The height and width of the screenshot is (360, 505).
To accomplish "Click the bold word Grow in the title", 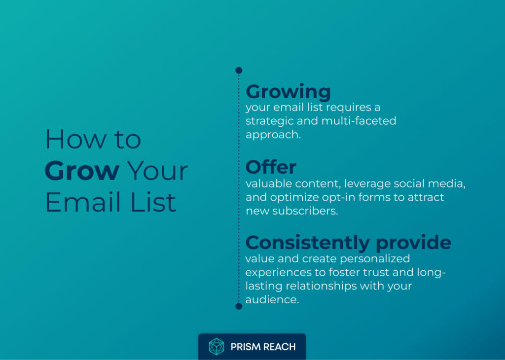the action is (82, 171).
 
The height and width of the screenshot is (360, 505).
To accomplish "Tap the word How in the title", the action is (75, 139).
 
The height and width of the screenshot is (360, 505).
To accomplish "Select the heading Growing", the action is (288, 92).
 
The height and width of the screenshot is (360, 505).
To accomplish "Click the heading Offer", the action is (271, 167).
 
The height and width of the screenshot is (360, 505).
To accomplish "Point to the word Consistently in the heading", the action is (308, 242).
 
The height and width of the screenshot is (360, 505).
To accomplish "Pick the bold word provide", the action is (414, 243).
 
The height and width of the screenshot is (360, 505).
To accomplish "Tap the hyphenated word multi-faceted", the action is (359, 121).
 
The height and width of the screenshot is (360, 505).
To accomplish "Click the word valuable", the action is (269, 183).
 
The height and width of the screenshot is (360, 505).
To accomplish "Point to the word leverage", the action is (367, 184).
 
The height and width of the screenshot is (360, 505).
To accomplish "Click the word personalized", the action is (375, 259).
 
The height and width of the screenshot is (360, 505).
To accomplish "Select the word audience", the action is (272, 300).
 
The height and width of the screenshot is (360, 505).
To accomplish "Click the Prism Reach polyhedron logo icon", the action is (216, 347).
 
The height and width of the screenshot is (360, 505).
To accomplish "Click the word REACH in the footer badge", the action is (279, 347).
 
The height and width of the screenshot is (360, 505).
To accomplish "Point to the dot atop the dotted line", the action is (239, 70).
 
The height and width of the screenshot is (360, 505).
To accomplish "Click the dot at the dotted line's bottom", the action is (239, 306).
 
